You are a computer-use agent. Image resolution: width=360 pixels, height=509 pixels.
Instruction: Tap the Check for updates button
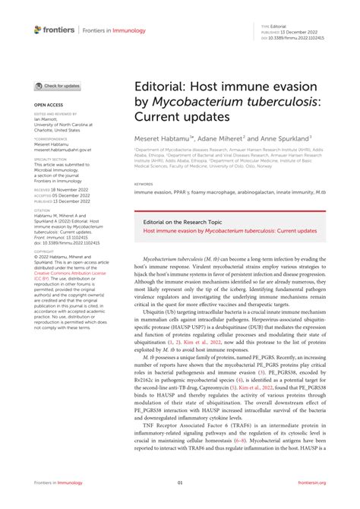tap(58, 87)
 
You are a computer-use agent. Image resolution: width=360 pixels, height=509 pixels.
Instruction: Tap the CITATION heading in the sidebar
tap(42, 210)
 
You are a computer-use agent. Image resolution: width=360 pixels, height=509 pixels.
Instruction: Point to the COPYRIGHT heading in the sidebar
tap(44, 250)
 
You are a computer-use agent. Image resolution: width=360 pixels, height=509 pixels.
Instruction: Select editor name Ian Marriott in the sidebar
tap(49, 119)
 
